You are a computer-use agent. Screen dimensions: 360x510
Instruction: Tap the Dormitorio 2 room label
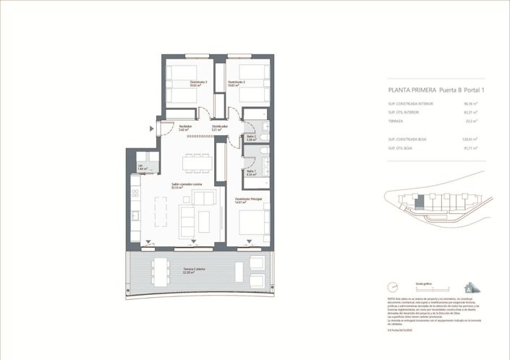coord(237,82)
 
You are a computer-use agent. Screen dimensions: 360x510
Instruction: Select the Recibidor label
coord(185,127)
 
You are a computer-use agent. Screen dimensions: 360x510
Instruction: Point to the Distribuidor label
coord(219,127)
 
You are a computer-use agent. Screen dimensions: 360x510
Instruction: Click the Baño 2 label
coord(251,137)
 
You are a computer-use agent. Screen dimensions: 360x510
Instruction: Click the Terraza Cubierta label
coord(194,270)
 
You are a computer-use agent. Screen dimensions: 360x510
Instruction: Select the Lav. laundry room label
coord(142,167)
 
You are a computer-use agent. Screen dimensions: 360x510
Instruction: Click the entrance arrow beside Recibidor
coord(151,129)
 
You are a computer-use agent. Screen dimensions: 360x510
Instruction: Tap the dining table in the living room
coord(197,163)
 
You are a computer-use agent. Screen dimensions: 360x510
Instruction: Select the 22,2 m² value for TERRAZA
coord(477,121)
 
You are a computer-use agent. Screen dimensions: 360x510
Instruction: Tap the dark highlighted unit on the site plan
coord(417,200)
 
